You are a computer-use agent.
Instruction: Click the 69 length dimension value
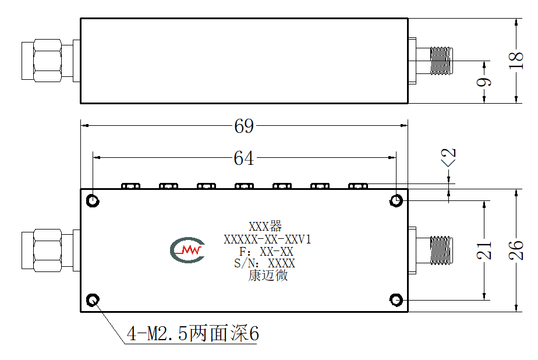[244, 126]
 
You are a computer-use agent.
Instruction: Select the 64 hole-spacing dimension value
[243, 158]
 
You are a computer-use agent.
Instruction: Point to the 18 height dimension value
[516, 61]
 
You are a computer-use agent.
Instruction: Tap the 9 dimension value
[484, 82]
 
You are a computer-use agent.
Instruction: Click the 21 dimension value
[484, 250]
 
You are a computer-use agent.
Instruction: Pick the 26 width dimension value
[516, 250]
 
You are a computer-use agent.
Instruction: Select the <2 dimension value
[448, 157]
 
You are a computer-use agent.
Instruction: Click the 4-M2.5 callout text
[193, 333]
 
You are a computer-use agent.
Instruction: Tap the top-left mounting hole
[93, 201]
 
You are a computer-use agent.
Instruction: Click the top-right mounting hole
[397, 201]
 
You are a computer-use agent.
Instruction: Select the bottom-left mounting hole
[93, 300]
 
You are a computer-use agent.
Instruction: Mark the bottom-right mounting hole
[397, 300]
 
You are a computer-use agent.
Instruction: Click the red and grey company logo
[187, 250]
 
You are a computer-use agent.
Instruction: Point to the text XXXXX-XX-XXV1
[267, 239]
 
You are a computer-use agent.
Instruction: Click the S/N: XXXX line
[264, 263]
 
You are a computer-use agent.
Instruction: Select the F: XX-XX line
[266, 252]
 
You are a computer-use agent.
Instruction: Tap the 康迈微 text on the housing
[268, 275]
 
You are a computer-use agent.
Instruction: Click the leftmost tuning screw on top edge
[131, 186]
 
